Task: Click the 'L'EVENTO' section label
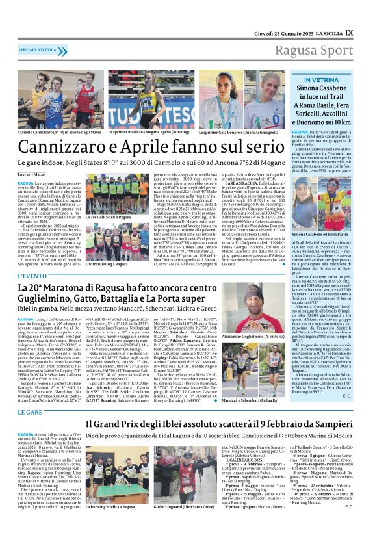(x=31, y=276)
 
